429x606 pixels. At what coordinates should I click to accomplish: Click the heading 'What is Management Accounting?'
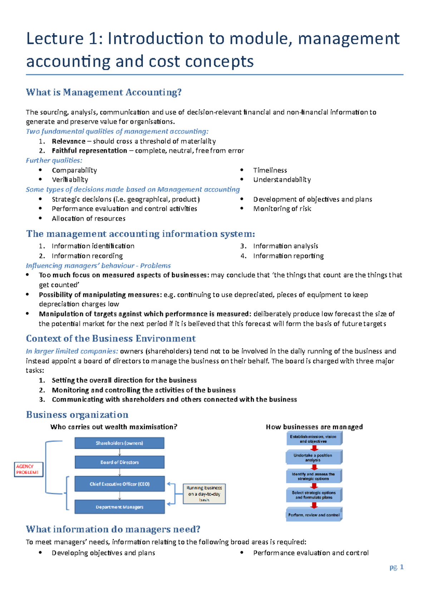104,92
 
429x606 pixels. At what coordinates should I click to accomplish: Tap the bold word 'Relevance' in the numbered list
69,141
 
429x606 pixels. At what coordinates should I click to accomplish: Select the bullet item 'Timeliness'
270,170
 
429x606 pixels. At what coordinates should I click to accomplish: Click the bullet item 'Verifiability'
70,180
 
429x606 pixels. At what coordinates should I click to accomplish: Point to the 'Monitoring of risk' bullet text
282,209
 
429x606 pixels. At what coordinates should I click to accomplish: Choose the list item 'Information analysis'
285,246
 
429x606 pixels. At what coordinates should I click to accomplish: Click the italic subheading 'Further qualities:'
54,161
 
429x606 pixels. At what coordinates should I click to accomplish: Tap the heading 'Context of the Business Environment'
111,338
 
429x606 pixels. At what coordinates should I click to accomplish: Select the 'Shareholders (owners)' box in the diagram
119,443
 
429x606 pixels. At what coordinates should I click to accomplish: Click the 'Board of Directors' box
119,462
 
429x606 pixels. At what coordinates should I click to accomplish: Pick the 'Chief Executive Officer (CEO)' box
119,484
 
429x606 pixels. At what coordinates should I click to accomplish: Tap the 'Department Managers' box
119,507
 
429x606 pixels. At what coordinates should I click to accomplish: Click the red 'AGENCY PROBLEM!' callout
28,469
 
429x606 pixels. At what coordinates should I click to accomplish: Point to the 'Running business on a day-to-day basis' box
204,494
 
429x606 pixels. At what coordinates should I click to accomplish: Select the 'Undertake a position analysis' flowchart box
314,457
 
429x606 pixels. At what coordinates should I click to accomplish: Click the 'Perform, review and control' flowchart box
314,515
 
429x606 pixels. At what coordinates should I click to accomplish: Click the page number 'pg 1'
396,567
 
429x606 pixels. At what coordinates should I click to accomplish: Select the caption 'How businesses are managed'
314,427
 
